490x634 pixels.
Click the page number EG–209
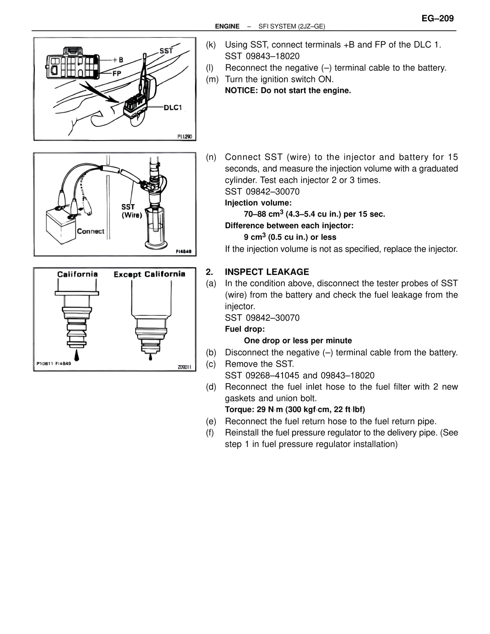coord(438,18)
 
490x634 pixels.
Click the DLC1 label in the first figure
coord(173,108)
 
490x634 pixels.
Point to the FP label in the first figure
coord(117,74)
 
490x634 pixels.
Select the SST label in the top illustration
coord(166,51)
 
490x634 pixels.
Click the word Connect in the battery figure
coord(90,231)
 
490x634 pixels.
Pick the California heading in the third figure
coord(77,274)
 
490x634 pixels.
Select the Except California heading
coord(149,274)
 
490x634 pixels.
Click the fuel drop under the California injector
coord(77,355)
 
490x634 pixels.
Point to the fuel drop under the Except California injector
coord(150,357)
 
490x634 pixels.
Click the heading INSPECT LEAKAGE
coord(267,272)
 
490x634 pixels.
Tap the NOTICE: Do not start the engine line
coord(288,91)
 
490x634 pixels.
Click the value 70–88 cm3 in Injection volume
coord(263,214)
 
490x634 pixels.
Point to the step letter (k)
coord(211,45)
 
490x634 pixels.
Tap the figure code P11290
coord(185,136)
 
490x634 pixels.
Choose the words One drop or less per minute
coord(298,341)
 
